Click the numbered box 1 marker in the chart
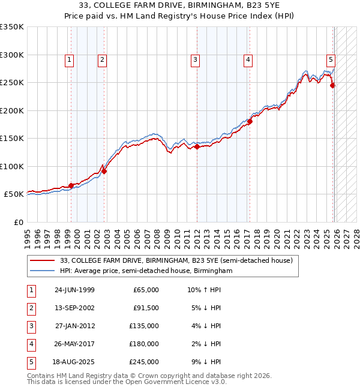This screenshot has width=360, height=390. (70, 59)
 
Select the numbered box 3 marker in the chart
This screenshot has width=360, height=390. (196, 59)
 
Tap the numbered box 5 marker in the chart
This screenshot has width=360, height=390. (331, 59)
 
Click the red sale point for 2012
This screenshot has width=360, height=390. (197, 146)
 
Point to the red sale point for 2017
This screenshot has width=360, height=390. (250, 122)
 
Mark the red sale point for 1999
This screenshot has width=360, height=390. (71, 186)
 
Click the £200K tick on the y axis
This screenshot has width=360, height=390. (12, 110)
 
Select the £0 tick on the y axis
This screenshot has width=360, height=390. (18, 222)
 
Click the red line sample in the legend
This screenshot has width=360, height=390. (43, 260)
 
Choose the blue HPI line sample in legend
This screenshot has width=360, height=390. (43, 271)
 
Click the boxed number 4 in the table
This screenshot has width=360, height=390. (31, 344)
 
